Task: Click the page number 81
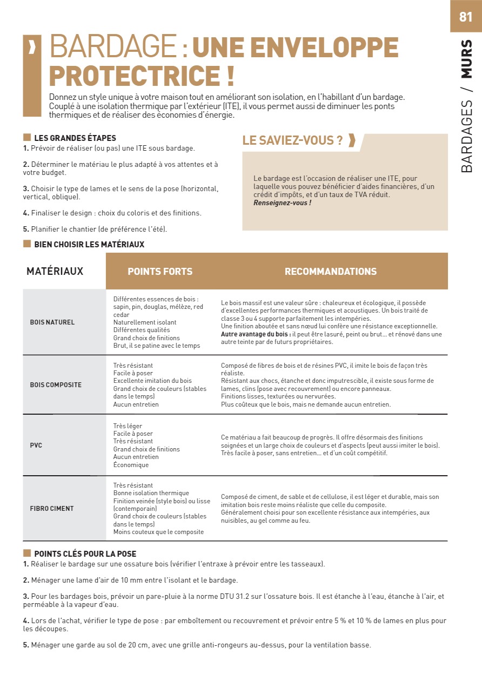click(465, 17)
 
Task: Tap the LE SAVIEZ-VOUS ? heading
click(292, 141)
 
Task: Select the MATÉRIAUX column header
click(55, 271)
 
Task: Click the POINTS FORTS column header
click(160, 272)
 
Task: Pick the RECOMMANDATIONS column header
click(331, 272)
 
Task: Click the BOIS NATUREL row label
click(52, 322)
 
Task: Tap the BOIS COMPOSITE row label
click(56, 385)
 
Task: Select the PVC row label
click(36, 445)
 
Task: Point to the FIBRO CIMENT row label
click(52, 509)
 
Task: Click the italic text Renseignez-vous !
click(282, 203)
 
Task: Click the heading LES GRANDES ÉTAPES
click(75, 138)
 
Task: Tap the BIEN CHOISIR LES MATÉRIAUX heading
click(89, 245)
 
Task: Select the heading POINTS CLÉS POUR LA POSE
click(85, 554)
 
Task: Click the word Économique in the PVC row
click(131, 465)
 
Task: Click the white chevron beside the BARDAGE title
click(32, 48)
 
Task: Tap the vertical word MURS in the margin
click(466, 59)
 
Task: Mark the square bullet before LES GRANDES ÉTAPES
click(26, 138)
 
